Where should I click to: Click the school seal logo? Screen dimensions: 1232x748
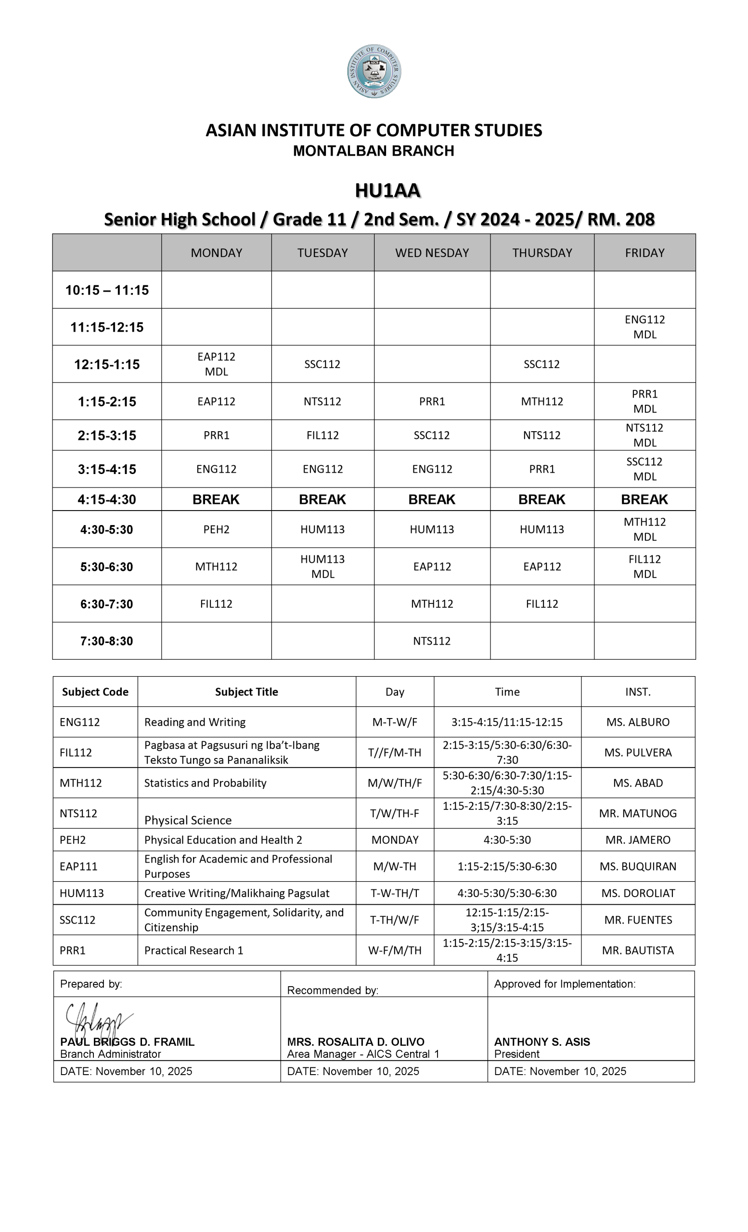[x=374, y=71]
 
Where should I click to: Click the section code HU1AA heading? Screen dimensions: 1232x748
[x=387, y=191]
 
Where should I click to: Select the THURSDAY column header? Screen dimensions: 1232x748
[x=542, y=253]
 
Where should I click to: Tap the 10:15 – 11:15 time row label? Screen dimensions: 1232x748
[x=107, y=290]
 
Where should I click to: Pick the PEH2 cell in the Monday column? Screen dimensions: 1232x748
[x=216, y=529]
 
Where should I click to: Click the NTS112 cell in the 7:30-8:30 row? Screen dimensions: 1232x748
[x=431, y=641]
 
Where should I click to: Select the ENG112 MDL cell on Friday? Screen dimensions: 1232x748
[x=645, y=327]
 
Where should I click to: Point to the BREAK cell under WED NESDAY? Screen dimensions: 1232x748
[x=431, y=500]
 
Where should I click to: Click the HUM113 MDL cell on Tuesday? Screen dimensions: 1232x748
[x=322, y=566]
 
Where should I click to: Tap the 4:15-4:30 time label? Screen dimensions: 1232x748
[x=107, y=500]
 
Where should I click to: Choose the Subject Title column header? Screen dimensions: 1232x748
[x=246, y=692]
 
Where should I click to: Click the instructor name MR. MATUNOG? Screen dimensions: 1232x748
[x=638, y=813]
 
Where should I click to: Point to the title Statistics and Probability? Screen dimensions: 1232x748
[x=205, y=783]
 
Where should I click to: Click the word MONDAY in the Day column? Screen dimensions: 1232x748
[x=395, y=840]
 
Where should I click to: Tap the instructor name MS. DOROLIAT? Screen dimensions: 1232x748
[x=638, y=894]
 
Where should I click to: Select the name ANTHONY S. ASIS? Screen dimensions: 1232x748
[x=542, y=1042]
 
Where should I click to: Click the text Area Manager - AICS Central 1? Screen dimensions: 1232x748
[x=363, y=1054]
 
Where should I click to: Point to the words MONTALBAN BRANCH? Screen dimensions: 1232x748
[x=374, y=151]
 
